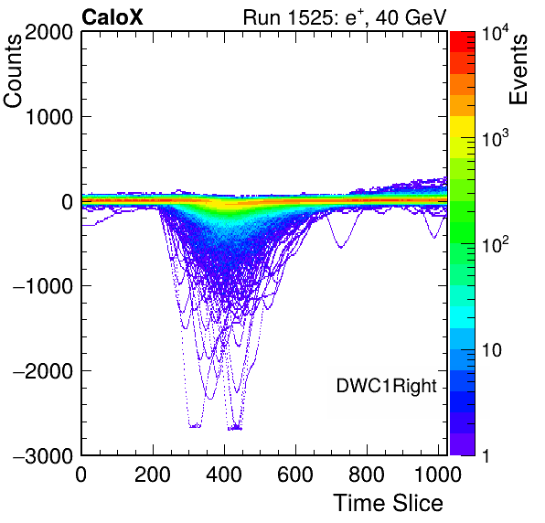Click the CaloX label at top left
pyautogui.click(x=112, y=17)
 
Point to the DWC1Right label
pyautogui.click(x=386, y=386)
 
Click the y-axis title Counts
pyautogui.click(x=13, y=70)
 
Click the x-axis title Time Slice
pyautogui.click(x=388, y=503)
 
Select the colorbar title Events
pyautogui.click(x=518, y=69)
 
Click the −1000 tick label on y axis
pyautogui.click(x=43, y=286)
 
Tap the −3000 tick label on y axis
pyautogui.click(x=43, y=455)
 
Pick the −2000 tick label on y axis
pyautogui.click(x=43, y=371)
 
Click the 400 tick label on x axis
pyautogui.click(x=224, y=475)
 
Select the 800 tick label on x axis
pyautogui.click(x=367, y=475)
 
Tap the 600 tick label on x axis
pyautogui.click(x=295, y=475)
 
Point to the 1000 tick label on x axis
pyautogui.click(x=438, y=475)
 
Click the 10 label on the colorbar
pyautogui.click(x=491, y=350)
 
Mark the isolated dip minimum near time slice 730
pyautogui.click(x=340, y=248)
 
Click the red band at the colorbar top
pyautogui.click(x=463, y=42)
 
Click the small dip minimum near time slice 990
pyautogui.click(x=433, y=238)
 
